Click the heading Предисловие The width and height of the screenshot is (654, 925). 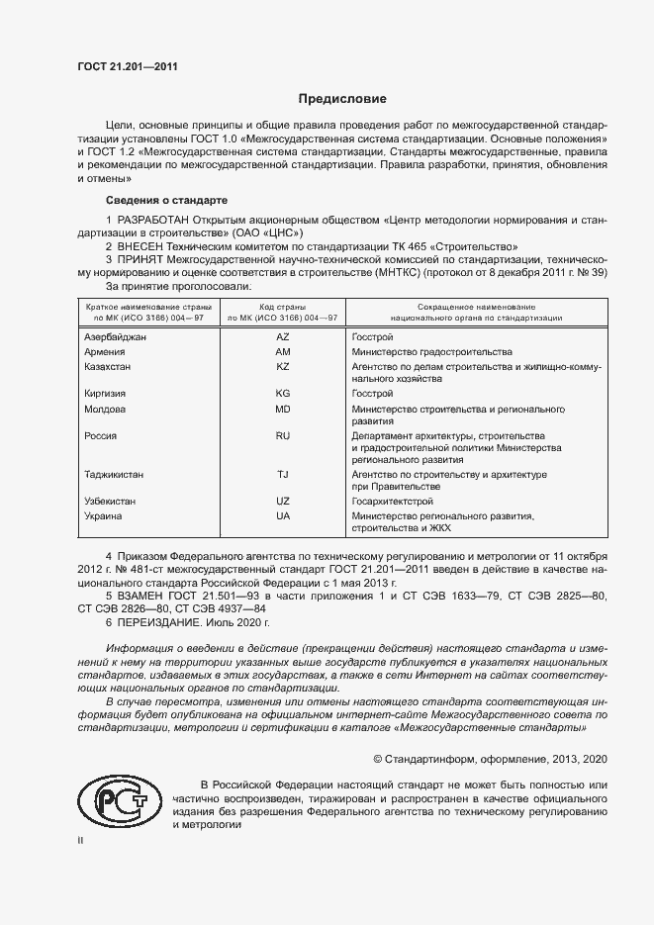[342, 99]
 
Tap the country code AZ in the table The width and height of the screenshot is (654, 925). [282, 337]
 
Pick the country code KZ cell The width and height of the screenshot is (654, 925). [282, 366]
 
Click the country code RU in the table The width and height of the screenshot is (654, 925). [282, 435]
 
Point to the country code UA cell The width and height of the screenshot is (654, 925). [282, 515]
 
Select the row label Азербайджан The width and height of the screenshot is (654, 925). [116, 337]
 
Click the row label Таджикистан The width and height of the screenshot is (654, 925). [115, 475]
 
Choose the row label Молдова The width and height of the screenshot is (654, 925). [106, 409]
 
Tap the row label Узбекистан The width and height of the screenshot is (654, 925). [112, 502]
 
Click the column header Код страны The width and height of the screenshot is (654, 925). [282, 308]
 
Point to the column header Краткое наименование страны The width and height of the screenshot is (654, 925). [146, 308]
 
